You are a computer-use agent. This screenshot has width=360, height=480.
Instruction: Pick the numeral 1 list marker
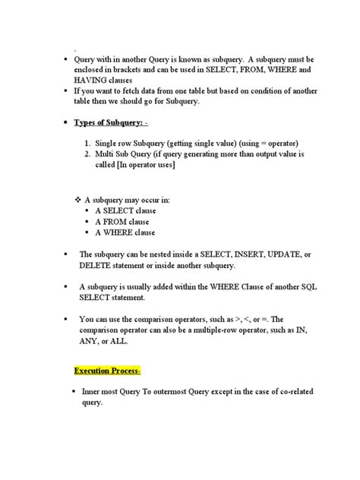click(x=90, y=143)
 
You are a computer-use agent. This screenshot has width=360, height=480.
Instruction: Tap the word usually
click(x=142, y=288)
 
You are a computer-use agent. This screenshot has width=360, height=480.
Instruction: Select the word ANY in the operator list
click(x=90, y=342)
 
